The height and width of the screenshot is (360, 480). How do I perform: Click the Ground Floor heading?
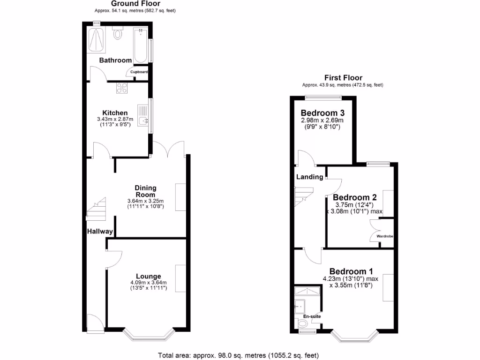(135, 4)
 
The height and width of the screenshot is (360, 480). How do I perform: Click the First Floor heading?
(343, 78)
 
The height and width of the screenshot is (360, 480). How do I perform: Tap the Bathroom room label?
(115, 60)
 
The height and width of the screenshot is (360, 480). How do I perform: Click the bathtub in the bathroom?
(140, 45)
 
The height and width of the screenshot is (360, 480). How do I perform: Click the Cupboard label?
(139, 72)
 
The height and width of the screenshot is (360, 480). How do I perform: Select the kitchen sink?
(143, 115)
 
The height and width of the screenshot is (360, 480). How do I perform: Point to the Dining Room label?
(145, 191)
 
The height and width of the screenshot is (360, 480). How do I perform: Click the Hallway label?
(100, 232)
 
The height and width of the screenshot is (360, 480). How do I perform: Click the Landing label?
(309, 177)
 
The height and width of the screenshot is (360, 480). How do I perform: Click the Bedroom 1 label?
(351, 271)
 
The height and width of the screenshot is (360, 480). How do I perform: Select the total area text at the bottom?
(240, 355)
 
